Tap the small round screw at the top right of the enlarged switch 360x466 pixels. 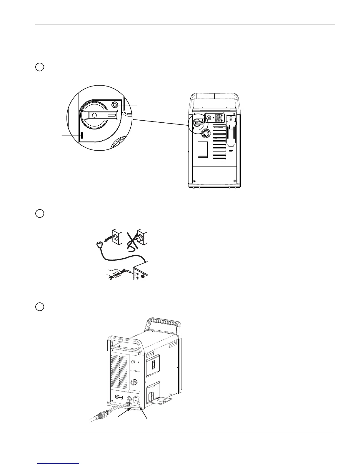point(115,105)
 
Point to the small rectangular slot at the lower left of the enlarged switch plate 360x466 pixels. point(82,135)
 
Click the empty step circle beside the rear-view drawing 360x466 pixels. point(40,67)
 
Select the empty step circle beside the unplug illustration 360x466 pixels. point(40,213)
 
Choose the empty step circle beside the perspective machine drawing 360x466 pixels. point(40,307)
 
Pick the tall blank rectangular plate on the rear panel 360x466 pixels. point(202,150)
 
